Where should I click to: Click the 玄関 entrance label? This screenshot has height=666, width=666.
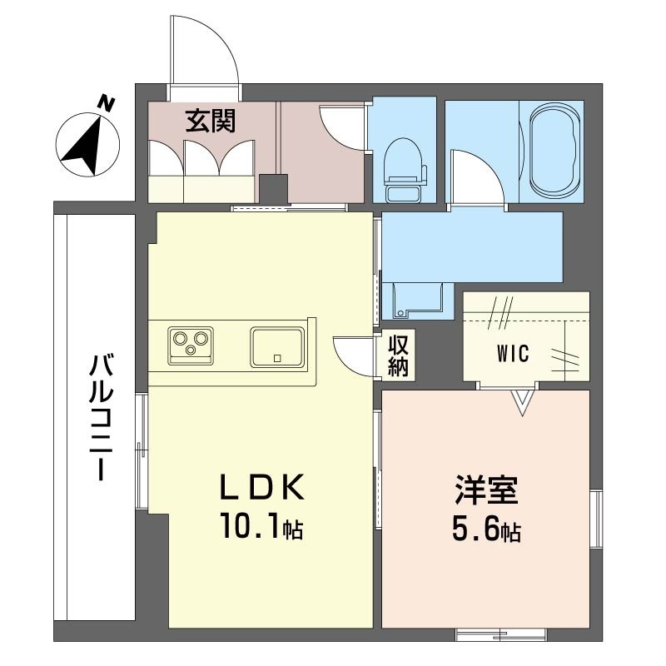tap(211, 121)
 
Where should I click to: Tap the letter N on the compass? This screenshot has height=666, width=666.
tap(107, 103)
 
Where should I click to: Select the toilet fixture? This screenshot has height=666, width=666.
tap(404, 170)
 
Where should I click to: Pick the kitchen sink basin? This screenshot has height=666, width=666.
tap(277, 346)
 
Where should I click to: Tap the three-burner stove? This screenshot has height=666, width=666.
tap(191, 345)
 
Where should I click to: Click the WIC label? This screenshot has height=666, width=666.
tap(513, 353)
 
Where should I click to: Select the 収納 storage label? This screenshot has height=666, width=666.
tap(398, 355)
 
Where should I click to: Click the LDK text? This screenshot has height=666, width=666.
tap(262, 487)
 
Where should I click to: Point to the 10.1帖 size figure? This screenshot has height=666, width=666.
tap(261, 526)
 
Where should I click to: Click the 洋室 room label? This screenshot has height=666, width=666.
tap(486, 490)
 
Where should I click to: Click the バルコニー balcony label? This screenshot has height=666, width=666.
tap(102, 419)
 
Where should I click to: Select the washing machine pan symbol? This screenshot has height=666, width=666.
tap(419, 301)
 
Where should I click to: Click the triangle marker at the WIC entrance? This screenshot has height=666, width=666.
tap(522, 402)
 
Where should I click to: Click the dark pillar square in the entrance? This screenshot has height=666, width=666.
tap(274, 189)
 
